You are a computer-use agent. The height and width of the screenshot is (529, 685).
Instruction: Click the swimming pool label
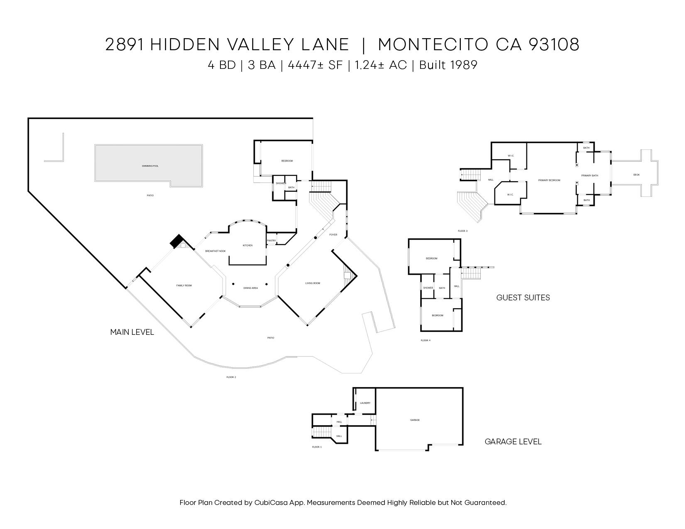150,166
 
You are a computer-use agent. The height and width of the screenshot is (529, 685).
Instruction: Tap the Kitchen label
247,246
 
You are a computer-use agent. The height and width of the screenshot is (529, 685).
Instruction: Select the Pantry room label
271,241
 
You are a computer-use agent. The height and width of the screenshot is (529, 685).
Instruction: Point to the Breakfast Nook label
215,251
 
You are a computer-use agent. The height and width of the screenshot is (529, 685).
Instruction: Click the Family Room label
184,285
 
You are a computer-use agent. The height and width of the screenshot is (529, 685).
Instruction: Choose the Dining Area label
250,288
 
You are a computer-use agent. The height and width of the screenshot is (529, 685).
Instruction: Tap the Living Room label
313,283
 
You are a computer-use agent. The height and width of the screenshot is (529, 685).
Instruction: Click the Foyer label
333,235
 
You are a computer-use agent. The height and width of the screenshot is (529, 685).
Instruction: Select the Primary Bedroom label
549,180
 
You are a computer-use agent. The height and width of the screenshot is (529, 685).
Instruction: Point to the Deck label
636,175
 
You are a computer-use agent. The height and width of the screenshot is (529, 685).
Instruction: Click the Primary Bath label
590,176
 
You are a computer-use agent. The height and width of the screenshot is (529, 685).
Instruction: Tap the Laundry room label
365,403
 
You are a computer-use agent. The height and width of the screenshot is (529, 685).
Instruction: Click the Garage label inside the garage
415,420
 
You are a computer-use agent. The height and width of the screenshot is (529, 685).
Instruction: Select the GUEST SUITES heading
523,297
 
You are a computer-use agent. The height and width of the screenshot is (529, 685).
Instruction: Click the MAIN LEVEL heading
132,332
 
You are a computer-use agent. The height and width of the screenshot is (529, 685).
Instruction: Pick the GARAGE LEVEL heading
513,442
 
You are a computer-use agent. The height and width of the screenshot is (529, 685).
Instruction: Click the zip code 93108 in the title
553,44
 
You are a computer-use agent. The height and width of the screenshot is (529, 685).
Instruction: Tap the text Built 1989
448,65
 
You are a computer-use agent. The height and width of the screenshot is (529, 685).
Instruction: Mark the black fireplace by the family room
177,241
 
